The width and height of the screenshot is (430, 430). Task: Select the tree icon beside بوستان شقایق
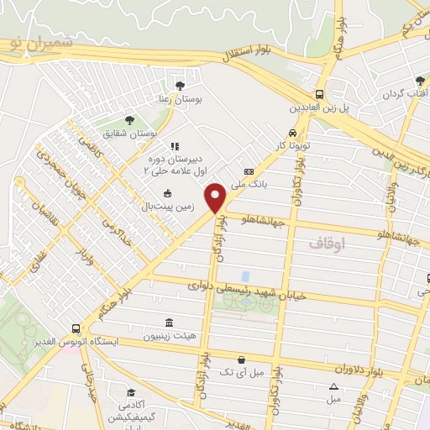point(128,120)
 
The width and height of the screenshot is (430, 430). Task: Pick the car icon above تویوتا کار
point(291,133)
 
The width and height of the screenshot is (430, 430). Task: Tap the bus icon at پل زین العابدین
point(319,94)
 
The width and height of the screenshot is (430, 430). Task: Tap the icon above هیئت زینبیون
point(170,322)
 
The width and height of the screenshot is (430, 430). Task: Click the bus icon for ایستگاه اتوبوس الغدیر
point(76,328)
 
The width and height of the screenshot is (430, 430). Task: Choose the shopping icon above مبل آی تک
point(242,359)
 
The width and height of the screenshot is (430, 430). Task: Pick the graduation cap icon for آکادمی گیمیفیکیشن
point(129,392)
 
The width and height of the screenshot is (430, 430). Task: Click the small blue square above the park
point(244,275)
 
